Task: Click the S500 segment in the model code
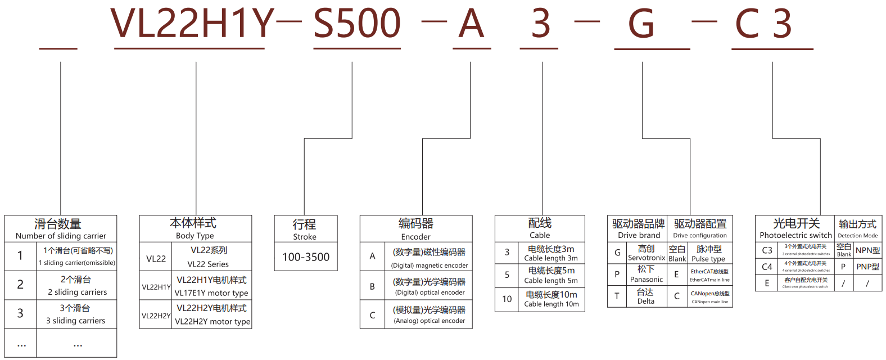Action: coord(356,24)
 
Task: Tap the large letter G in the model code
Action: coord(641,25)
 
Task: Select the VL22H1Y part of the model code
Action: coord(192,24)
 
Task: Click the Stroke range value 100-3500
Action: coord(306,257)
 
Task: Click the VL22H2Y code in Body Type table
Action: coord(156,316)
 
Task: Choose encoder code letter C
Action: coord(372,316)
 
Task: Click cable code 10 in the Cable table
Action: coord(507,299)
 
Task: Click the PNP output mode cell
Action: coord(867,267)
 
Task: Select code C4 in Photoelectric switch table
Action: coord(767,267)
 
